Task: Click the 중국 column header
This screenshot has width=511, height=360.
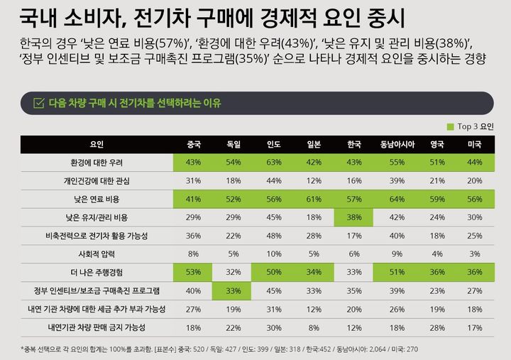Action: pos(192,144)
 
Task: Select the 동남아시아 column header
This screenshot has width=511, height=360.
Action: pos(397,144)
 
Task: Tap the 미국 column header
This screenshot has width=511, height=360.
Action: pos(474,144)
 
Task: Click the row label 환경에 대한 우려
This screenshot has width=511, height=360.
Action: pos(97,163)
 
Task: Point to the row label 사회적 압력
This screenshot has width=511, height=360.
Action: pos(97,253)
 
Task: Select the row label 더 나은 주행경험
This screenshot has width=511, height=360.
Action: pos(97,272)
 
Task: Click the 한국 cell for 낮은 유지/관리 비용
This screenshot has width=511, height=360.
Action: pos(353,217)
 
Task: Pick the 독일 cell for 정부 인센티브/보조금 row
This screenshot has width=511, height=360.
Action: pos(233,290)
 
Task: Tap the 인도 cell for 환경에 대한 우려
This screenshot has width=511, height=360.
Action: pos(273,163)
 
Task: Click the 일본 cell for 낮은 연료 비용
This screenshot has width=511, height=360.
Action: pos(313,200)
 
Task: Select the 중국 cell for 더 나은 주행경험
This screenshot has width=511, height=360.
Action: pos(192,272)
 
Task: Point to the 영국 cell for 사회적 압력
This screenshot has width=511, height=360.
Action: pos(437,253)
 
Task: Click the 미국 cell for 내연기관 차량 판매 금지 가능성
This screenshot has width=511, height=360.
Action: pos(474,327)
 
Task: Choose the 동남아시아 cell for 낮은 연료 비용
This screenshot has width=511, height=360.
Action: pos(397,200)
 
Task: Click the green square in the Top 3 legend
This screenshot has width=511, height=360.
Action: pos(450,126)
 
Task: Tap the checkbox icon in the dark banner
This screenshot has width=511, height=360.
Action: pos(39,103)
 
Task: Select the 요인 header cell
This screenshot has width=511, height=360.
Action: pos(97,144)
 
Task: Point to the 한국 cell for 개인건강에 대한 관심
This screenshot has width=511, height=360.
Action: pos(353,181)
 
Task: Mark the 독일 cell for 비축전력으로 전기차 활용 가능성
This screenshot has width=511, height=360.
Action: pos(233,236)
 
